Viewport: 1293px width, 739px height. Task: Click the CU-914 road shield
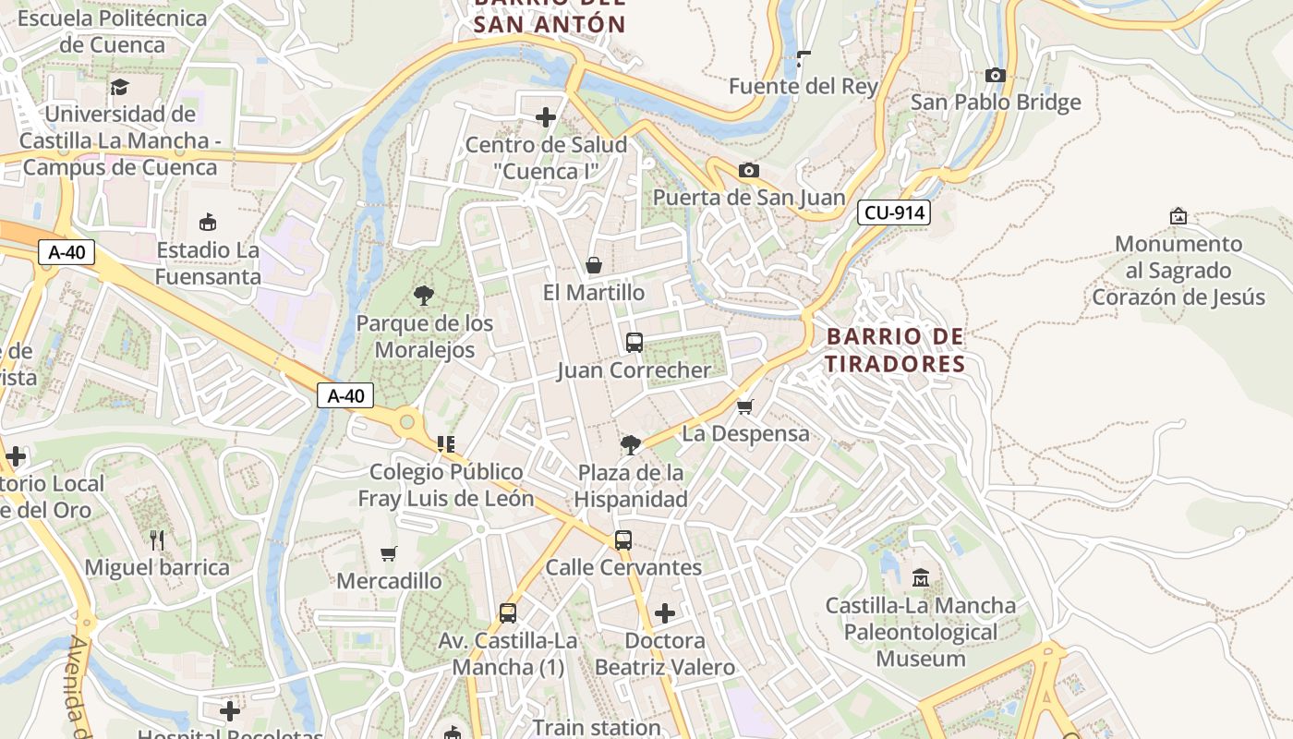[x=893, y=213]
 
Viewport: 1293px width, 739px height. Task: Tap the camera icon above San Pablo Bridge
[x=995, y=75]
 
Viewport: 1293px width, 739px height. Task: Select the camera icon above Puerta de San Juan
[x=748, y=170]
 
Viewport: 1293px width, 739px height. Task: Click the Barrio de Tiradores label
[x=895, y=350]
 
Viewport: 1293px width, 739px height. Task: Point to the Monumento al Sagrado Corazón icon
[x=1178, y=216]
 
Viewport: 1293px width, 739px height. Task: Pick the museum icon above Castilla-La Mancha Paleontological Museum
[x=920, y=578]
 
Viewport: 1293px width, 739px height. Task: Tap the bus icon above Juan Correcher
[x=634, y=343]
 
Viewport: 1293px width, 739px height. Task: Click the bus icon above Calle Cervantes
[x=623, y=539]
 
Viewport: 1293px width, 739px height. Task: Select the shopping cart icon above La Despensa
[x=745, y=406]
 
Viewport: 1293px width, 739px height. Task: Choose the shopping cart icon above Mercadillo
[x=389, y=553]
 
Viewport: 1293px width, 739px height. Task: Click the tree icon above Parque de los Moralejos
[x=424, y=296]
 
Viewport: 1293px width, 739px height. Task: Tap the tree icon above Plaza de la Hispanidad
[x=631, y=445]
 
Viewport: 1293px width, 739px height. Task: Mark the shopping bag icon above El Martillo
[x=594, y=265]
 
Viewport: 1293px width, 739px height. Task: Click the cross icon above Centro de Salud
[x=546, y=116]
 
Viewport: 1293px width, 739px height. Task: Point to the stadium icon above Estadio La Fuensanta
[x=208, y=222]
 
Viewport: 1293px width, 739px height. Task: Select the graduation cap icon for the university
[x=119, y=87]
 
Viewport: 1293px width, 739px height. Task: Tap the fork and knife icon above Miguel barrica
[x=157, y=539]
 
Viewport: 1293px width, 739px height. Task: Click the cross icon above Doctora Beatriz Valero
[x=664, y=612]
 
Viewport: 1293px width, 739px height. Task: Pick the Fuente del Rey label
[x=803, y=87]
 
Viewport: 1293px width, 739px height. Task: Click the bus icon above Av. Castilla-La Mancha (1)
[x=507, y=612]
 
